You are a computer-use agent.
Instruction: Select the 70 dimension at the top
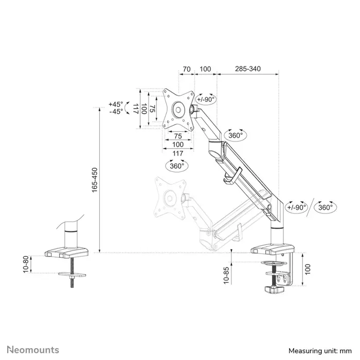[x=187, y=68]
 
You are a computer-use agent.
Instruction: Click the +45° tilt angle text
[x=116, y=103]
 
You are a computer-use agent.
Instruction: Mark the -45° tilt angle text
[x=116, y=112]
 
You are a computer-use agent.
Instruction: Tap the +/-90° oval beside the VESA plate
[x=207, y=99]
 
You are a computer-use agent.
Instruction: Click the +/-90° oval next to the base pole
[x=297, y=207]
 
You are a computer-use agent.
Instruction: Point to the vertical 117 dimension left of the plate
[x=135, y=109]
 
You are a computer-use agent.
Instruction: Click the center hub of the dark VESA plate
[x=178, y=109]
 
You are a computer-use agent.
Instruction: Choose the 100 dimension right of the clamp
[x=307, y=268]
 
